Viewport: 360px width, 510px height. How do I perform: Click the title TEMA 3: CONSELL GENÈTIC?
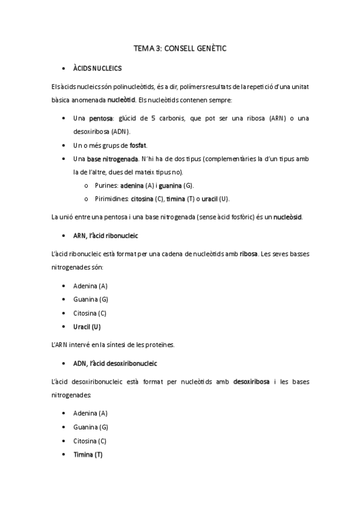point(180,46)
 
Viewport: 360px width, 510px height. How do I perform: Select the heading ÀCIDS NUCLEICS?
point(97,69)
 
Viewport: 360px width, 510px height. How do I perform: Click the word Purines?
point(106,186)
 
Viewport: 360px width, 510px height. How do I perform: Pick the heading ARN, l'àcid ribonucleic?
point(106,235)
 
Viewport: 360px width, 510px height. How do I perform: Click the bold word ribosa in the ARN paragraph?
point(248,254)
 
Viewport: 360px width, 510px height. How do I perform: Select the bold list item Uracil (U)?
point(87,327)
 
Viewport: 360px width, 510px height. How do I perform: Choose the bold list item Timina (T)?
point(88,455)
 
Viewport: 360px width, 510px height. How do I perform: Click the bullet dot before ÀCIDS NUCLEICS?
point(64,69)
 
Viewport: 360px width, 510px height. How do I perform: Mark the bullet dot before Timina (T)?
point(64,455)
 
